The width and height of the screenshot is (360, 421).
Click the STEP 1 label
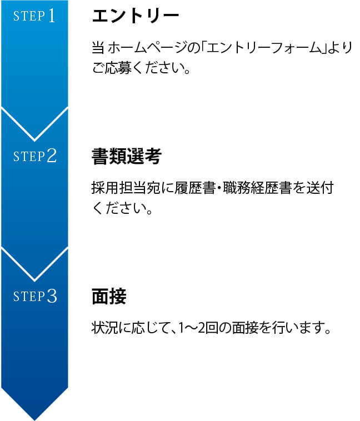(x=34, y=16)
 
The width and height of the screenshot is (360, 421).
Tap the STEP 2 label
(x=34, y=157)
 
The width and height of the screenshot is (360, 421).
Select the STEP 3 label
(x=34, y=297)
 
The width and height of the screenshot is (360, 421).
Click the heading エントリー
(x=136, y=16)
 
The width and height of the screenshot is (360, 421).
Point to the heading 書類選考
(x=126, y=157)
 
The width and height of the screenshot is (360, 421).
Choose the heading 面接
(x=109, y=297)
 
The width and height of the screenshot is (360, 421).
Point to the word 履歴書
(x=187, y=188)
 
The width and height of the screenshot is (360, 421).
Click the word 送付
(x=321, y=188)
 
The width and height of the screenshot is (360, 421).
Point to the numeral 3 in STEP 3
(x=52, y=297)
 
